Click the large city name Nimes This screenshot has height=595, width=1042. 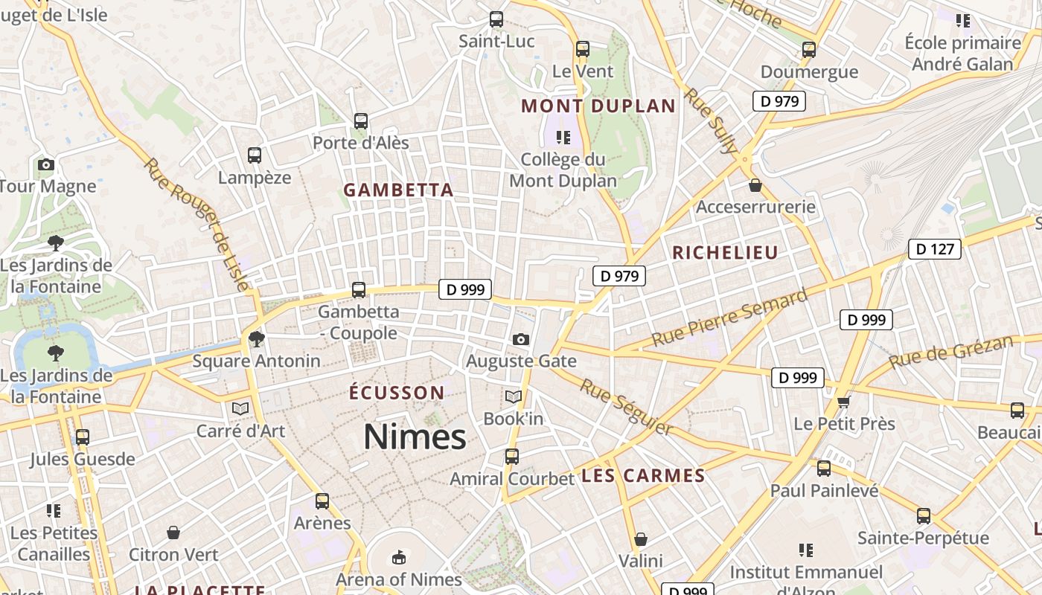point(415,437)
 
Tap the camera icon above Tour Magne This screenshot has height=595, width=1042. point(46,164)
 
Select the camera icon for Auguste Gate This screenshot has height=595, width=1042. point(521,340)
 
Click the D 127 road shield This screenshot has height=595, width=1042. point(934,249)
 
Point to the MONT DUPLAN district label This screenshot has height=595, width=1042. point(598,106)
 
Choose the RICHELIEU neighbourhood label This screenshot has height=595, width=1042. point(725,253)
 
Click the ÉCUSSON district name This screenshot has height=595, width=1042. point(397,392)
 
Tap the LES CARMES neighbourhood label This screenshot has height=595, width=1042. point(643,476)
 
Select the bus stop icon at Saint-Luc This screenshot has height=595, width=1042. point(496,19)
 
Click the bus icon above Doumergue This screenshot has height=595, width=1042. point(809,50)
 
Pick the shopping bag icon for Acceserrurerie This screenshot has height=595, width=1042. point(755,185)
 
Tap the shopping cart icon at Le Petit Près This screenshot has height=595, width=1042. point(843,402)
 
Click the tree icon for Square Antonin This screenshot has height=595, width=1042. point(257,339)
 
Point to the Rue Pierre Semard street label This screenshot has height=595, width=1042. point(729,318)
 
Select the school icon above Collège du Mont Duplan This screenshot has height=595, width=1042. point(563,138)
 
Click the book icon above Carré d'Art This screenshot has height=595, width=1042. point(240,408)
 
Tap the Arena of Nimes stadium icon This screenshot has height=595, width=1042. point(399,557)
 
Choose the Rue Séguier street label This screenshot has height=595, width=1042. point(627,407)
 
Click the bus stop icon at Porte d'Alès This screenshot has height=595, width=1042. point(361,120)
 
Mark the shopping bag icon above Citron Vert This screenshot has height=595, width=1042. point(173,533)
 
